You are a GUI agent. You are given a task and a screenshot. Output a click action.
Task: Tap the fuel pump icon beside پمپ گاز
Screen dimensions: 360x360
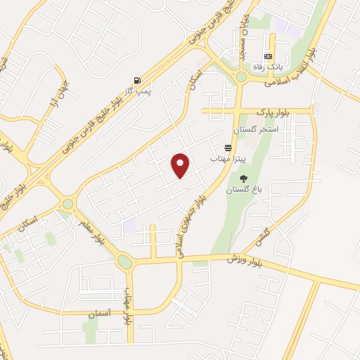(136, 79)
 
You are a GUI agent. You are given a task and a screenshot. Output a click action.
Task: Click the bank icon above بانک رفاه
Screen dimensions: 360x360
(267, 56)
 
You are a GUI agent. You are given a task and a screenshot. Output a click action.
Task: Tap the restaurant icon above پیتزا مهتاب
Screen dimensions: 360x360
(228, 148)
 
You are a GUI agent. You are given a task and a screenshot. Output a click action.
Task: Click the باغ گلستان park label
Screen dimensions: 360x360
(243, 190)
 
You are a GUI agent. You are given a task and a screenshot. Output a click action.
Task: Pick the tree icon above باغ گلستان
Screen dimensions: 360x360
(243, 178)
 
